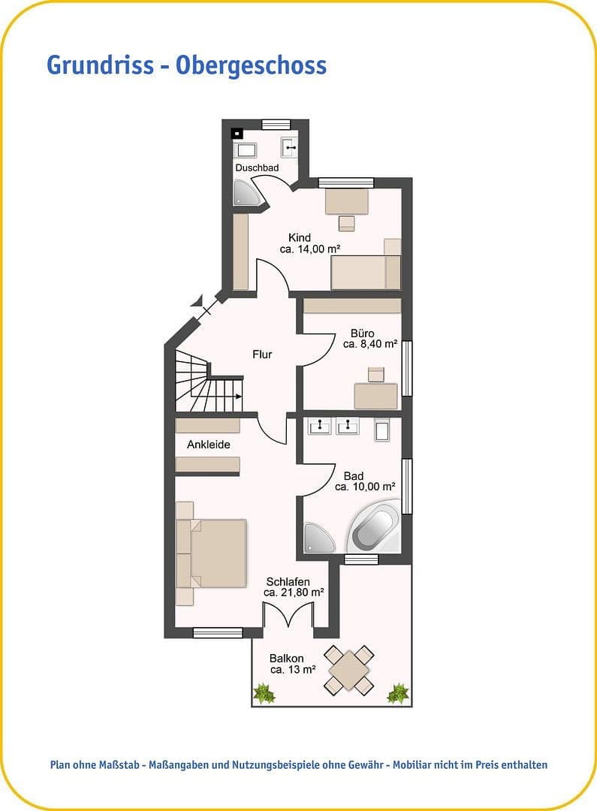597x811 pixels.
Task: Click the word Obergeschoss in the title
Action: pyautogui.click(x=252, y=65)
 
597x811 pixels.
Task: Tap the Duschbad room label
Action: pyautogui.click(x=257, y=167)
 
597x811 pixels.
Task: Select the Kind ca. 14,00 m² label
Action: pyautogui.click(x=300, y=243)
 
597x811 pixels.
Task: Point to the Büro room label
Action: pyautogui.click(x=363, y=339)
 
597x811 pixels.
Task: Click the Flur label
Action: pyautogui.click(x=262, y=354)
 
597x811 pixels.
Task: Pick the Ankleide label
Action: pyautogui.click(x=208, y=445)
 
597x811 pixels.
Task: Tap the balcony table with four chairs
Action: pyautogui.click(x=349, y=669)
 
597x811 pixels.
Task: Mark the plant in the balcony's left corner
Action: pyautogui.click(x=264, y=693)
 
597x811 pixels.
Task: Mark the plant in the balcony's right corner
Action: pyautogui.click(x=397, y=693)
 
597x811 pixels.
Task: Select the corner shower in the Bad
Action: pyautogui.click(x=318, y=538)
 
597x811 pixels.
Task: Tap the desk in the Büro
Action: pyautogui.click(x=375, y=396)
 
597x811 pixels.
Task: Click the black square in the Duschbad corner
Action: pyautogui.click(x=237, y=133)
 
